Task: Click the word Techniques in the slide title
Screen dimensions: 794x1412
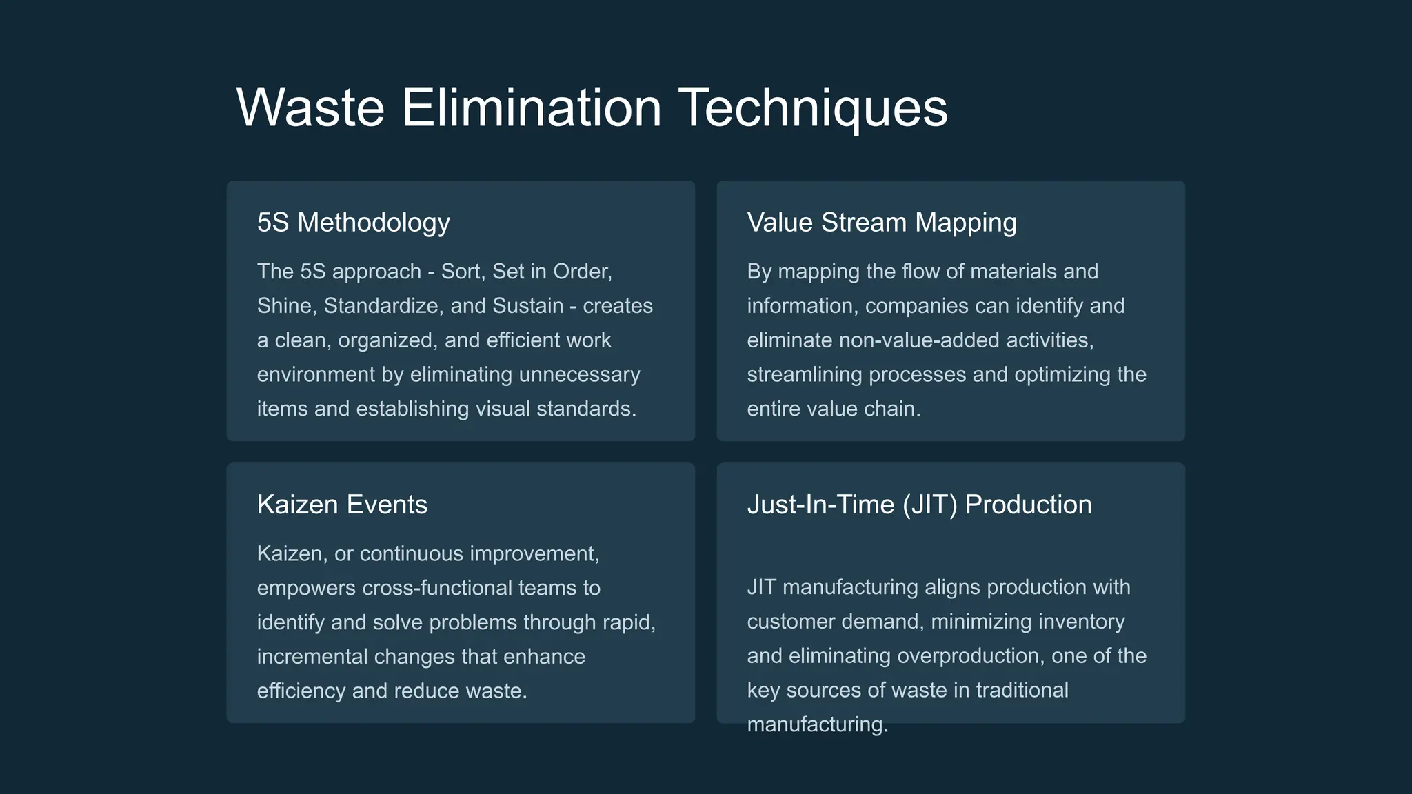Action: click(814, 108)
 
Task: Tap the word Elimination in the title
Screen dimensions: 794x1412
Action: click(531, 108)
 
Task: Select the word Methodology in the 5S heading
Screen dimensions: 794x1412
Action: click(374, 223)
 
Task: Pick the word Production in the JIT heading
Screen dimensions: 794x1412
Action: click(1028, 505)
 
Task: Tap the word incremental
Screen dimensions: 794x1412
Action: click(312, 657)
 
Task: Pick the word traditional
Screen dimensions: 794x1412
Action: click(1022, 691)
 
